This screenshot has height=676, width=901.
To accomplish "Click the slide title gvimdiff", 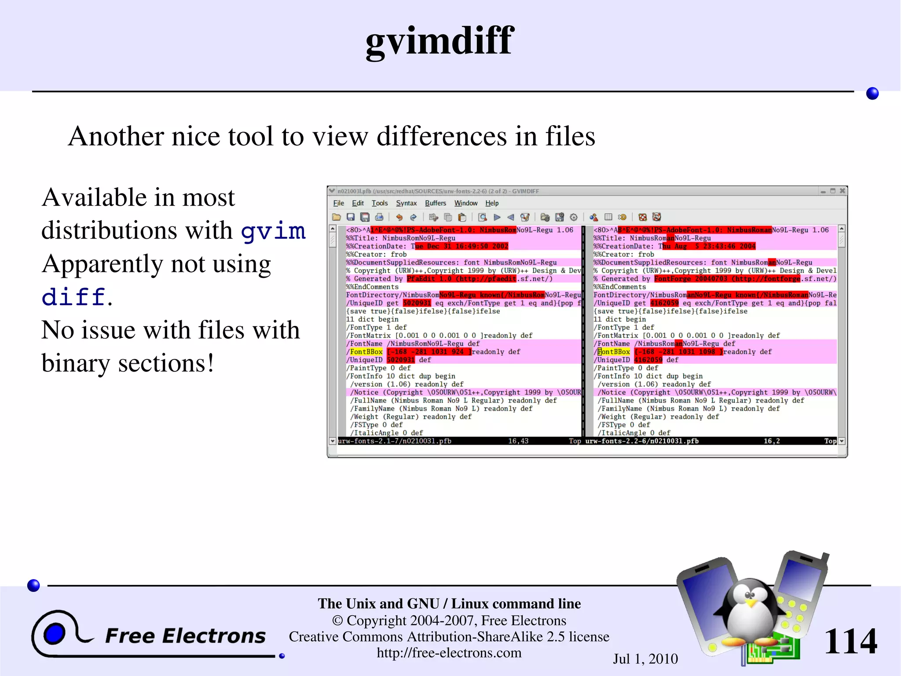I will click(440, 41).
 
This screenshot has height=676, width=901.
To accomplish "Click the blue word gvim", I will click(273, 231).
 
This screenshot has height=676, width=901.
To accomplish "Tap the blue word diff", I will click(73, 297).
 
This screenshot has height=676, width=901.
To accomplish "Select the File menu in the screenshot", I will click(338, 203).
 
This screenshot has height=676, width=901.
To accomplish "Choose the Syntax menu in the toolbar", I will click(406, 203).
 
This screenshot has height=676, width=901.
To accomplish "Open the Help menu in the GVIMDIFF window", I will click(492, 203).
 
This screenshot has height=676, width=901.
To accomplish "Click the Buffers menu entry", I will click(435, 203).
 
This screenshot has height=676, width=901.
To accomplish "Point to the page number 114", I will click(850, 641).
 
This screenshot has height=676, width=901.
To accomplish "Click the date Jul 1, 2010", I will click(645, 659).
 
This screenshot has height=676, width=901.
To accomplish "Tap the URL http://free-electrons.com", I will click(449, 653).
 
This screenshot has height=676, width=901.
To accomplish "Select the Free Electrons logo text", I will click(185, 636).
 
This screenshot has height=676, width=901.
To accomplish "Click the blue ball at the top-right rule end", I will click(872, 93).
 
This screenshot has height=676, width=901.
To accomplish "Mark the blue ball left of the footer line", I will click(33, 585).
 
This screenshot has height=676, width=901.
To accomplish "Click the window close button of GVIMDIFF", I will click(842, 191).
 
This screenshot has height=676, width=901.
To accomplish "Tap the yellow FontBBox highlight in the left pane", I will click(366, 352).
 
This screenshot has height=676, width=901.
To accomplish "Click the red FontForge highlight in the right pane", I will click(727, 279).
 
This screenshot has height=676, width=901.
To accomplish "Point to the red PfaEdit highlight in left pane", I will click(461, 279).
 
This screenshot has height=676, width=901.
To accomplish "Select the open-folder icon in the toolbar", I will click(337, 217).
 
